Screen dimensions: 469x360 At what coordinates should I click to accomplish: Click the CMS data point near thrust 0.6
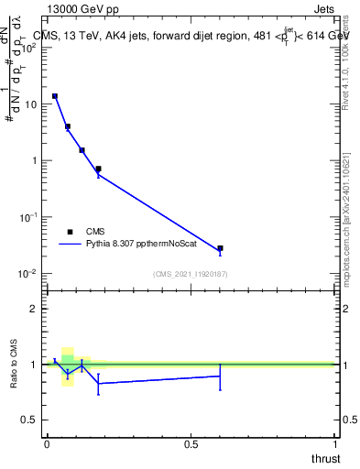click(220, 248)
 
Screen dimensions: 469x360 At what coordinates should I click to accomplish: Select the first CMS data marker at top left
click(55, 96)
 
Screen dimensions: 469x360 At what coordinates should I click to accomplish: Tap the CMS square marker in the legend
click(70, 232)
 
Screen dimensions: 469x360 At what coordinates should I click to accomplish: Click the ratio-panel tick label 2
click(34, 309)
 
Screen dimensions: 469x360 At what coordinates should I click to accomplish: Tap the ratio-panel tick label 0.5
click(29, 420)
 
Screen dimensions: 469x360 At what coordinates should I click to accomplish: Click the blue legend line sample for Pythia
click(71, 245)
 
